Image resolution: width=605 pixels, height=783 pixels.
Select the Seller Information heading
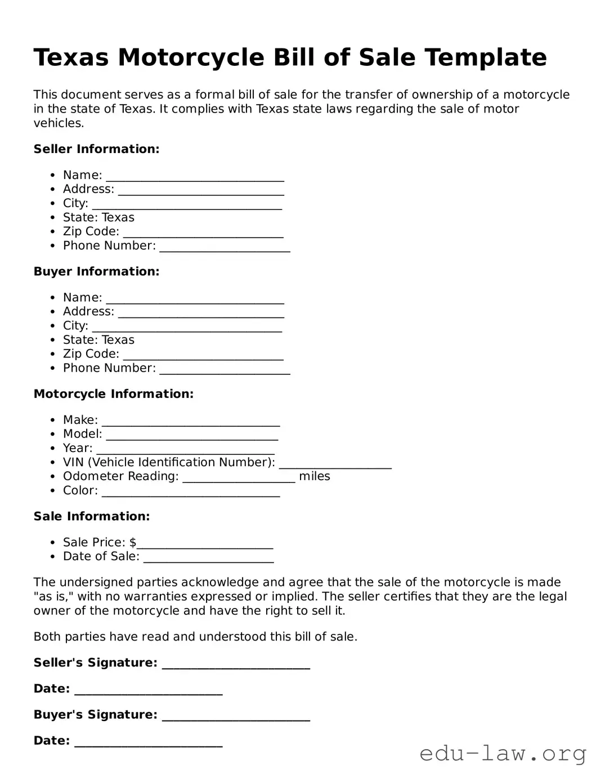pos(96,149)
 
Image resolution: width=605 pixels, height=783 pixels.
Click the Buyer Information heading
pos(96,271)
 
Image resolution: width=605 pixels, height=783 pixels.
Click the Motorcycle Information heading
pos(113,394)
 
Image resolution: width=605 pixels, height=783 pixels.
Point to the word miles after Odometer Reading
pos(314,476)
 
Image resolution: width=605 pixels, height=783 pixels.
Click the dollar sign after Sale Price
pos(133,543)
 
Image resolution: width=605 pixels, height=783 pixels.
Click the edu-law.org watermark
pos(503,753)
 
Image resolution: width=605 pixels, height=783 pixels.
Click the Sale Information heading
pos(92,516)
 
